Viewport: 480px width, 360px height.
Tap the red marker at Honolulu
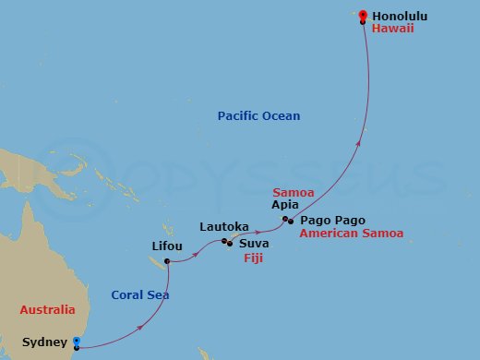363,15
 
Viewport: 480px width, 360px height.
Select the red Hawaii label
393,30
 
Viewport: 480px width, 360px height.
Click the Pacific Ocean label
259,115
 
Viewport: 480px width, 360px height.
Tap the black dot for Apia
286,219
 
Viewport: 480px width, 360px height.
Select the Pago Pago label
332,221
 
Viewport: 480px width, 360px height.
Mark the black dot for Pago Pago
292,221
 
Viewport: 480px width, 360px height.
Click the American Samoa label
352,234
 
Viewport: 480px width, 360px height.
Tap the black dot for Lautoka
224,242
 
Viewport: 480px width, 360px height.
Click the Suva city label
254,245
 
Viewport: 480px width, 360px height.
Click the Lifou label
167,246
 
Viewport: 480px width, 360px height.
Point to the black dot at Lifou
167,261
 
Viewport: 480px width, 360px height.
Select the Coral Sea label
140,295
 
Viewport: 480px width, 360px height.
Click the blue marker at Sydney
77,342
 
